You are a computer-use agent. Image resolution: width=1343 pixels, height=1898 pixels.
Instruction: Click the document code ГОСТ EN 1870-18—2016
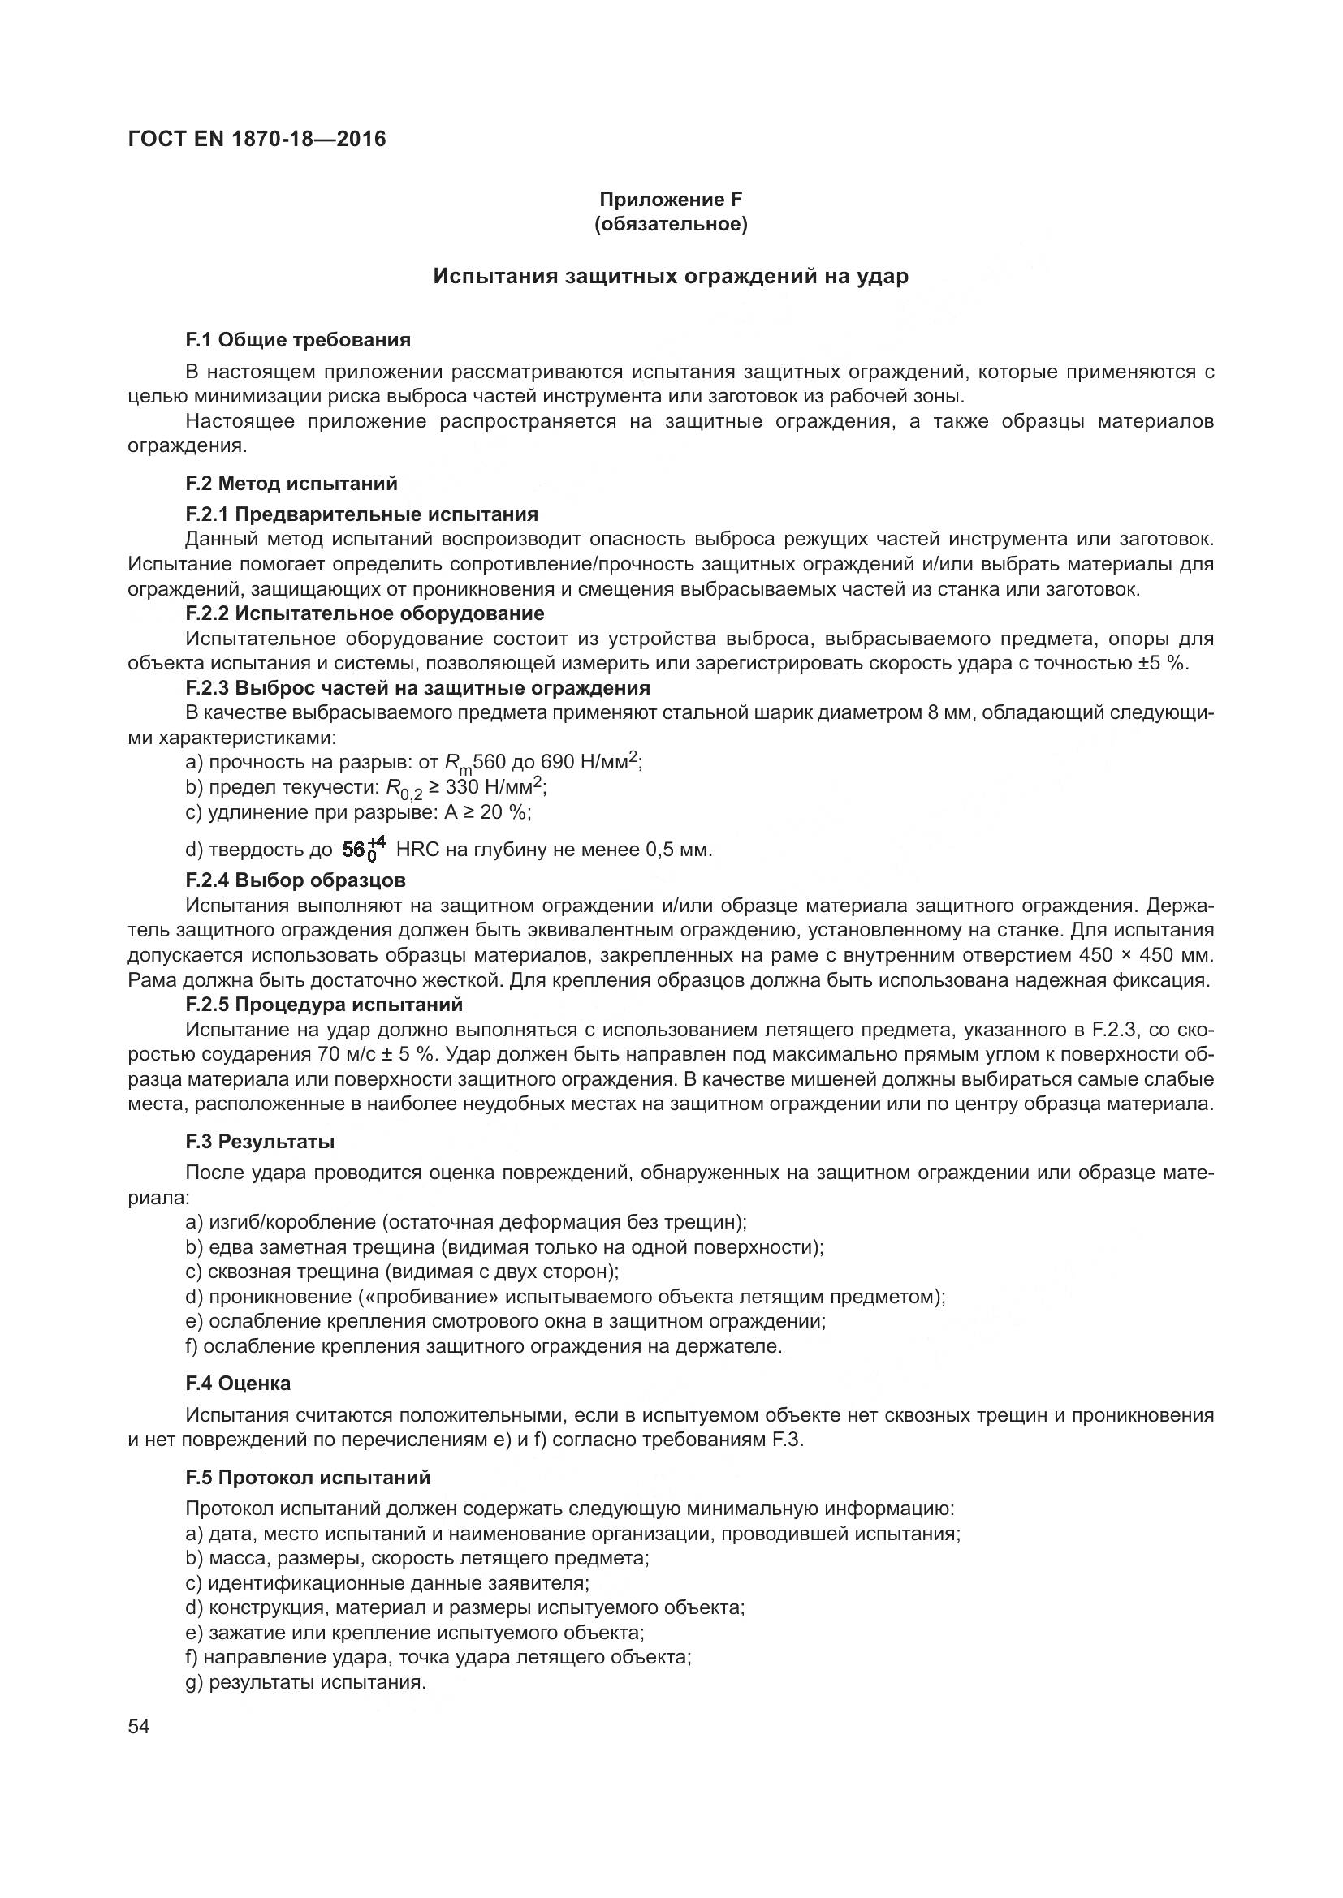[x=257, y=139]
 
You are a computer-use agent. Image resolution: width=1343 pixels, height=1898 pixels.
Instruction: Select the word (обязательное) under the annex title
[x=671, y=225]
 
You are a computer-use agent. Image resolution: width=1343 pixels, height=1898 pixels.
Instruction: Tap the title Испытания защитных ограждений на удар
[x=671, y=276]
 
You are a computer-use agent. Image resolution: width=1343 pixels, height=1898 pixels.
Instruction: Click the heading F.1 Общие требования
[x=298, y=340]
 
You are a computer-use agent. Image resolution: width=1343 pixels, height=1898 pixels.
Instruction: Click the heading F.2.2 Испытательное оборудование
[x=365, y=613]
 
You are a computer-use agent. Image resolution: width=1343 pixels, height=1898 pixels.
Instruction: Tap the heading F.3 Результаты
[x=260, y=1142]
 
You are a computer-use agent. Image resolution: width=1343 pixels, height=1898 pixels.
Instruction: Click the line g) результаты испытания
[x=306, y=1682]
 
